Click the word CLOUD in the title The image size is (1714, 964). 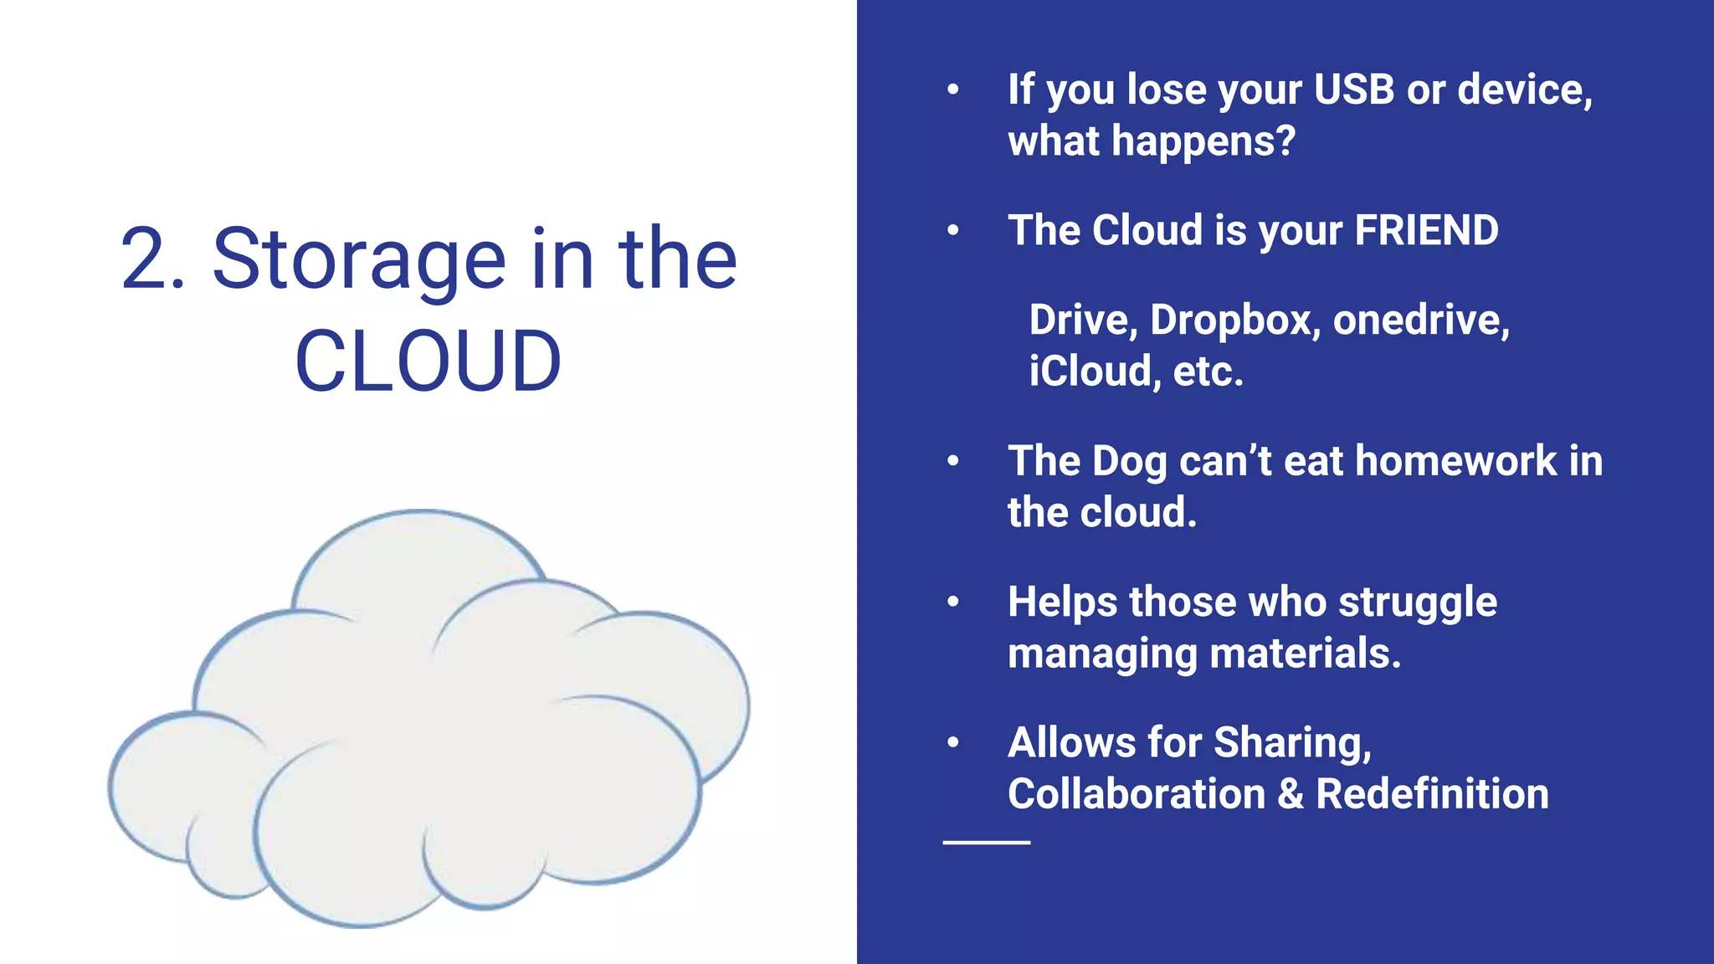pyautogui.click(x=428, y=361)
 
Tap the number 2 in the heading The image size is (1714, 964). pyautogui.click(x=143, y=259)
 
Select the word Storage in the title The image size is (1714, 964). pyautogui.click(x=359, y=261)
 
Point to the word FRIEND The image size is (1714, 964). pyautogui.click(x=1426, y=230)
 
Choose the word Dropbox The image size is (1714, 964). pyautogui.click(x=1234, y=320)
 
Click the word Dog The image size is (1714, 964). pyautogui.click(x=1129, y=461)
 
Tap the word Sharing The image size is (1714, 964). pyautogui.click(x=1292, y=742)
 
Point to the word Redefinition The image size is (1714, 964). pyautogui.click(x=1432, y=793)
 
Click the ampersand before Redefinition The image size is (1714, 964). pyautogui.click(x=1291, y=793)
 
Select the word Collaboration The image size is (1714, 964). pyautogui.click(x=1137, y=793)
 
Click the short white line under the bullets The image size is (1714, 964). pyautogui.click(x=986, y=842)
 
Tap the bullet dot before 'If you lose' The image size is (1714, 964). pyautogui.click(x=952, y=90)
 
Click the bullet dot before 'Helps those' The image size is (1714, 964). pyautogui.click(x=952, y=602)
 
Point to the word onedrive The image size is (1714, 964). pyautogui.click(x=1420, y=320)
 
